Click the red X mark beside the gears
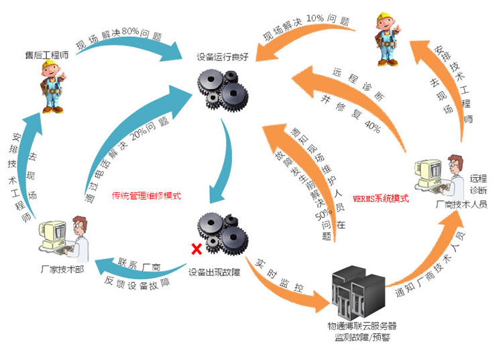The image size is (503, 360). [197, 249]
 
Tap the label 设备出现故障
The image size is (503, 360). [216, 272]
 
